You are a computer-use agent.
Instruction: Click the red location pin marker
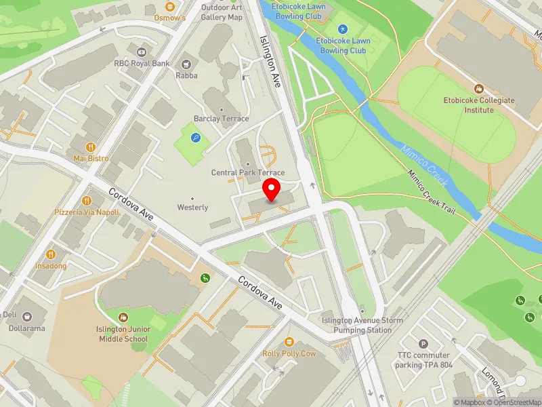tap(272, 190)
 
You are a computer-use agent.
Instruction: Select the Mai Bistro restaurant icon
tap(91, 146)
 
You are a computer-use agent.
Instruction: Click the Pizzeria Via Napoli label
tap(87, 212)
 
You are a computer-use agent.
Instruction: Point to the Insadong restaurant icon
tap(51, 254)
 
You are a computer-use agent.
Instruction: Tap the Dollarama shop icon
tap(26, 316)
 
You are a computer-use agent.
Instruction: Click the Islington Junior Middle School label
tap(122, 334)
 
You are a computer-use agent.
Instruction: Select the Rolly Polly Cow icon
tap(289, 341)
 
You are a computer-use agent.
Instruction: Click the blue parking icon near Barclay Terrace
tap(196, 138)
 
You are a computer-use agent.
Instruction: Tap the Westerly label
tap(192, 207)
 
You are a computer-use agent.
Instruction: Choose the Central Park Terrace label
tap(248, 173)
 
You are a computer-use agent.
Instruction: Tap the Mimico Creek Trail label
tap(431, 193)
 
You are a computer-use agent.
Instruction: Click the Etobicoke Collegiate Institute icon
tap(479, 89)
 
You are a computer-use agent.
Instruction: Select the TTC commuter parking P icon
tap(423, 344)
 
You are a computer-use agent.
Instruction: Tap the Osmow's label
tap(170, 18)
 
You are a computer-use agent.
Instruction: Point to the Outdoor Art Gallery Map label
tap(222, 12)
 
